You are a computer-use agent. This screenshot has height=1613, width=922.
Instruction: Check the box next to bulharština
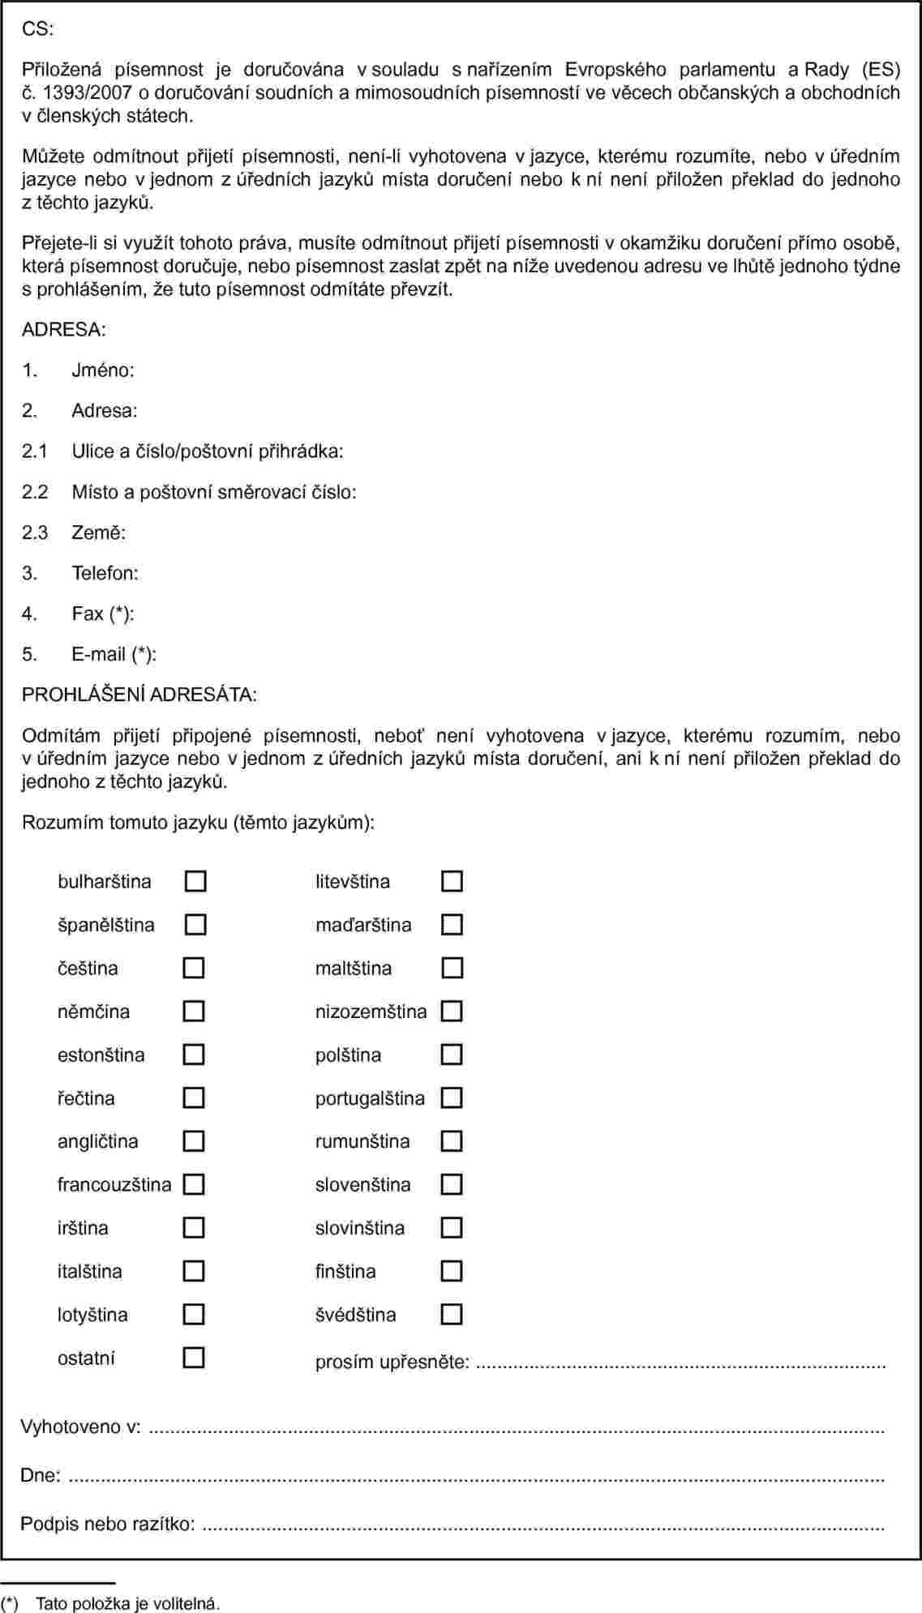pyautogui.click(x=195, y=881)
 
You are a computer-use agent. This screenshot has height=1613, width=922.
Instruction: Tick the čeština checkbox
pyautogui.click(x=194, y=968)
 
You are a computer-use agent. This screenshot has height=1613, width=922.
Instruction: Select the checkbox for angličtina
pyautogui.click(x=194, y=1141)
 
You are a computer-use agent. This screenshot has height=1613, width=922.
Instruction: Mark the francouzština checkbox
pyautogui.click(x=194, y=1184)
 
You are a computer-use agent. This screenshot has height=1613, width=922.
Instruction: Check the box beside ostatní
pyautogui.click(x=194, y=1358)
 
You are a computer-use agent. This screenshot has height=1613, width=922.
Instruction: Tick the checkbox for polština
pyautogui.click(x=452, y=1055)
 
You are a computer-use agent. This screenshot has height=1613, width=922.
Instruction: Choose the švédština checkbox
pyautogui.click(x=452, y=1314)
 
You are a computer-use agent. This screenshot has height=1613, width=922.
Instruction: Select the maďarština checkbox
pyautogui.click(x=452, y=925)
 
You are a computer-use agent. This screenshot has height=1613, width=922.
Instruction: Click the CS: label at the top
pyautogui.click(x=37, y=29)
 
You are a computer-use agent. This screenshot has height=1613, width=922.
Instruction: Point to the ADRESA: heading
pyautogui.click(x=63, y=330)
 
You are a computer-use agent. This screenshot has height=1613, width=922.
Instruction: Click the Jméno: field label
pyautogui.click(x=103, y=370)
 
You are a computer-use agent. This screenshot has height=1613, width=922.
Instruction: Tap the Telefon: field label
pyautogui.click(x=105, y=573)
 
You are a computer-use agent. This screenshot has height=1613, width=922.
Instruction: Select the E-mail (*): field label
pyautogui.click(x=114, y=654)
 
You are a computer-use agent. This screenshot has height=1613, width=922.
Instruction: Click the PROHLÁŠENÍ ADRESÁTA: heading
pyautogui.click(x=139, y=695)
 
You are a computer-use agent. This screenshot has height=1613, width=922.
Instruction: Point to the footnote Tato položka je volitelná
pyautogui.click(x=127, y=1603)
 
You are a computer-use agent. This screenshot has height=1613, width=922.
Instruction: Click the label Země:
pyautogui.click(x=98, y=533)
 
